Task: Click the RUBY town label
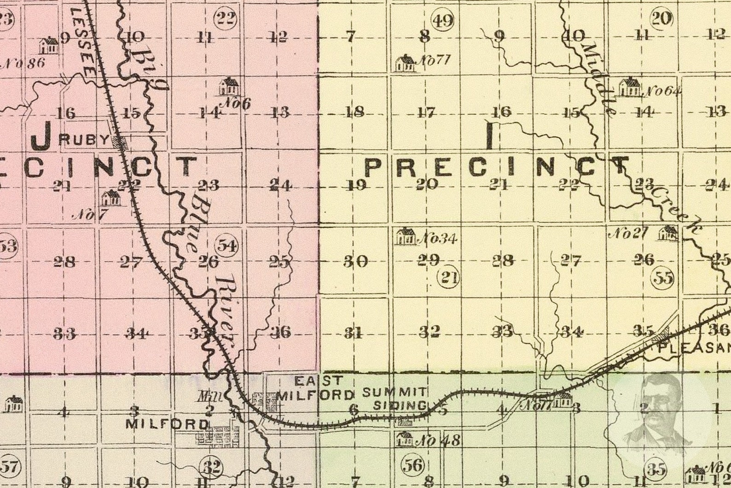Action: click(85, 140)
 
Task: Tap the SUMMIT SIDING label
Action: click(394, 399)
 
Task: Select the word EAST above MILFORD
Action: click(319, 381)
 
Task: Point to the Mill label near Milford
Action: click(203, 396)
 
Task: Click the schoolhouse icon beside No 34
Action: click(406, 236)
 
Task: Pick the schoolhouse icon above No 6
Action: click(229, 86)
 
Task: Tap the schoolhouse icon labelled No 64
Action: click(629, 87)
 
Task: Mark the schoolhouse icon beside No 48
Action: click(405, 439)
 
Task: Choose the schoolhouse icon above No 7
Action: click(111, 198)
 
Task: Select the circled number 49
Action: click(442, 20)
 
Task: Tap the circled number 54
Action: click(227, 245)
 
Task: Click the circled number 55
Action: click(663, 278)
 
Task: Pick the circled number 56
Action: click(412, 465)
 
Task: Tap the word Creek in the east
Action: click(674, 210)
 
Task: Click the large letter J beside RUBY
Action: click(42, 137)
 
